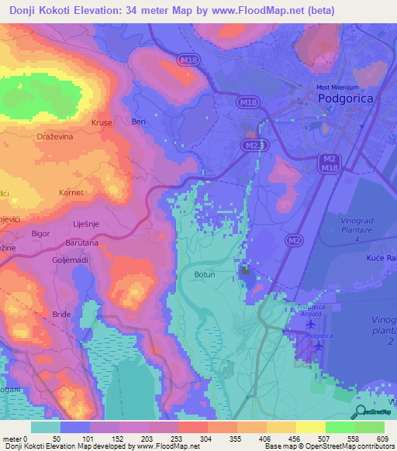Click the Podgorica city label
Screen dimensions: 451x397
tap(348, 99)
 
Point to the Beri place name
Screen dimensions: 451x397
tap(139, 122)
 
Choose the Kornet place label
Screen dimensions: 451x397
tap(71, 191)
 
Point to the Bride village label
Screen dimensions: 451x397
tap(60, 314)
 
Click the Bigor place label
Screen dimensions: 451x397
tap(40, 232)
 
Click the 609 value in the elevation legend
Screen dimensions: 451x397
tap(381, 439)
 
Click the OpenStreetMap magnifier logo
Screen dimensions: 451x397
tap(361, 411)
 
